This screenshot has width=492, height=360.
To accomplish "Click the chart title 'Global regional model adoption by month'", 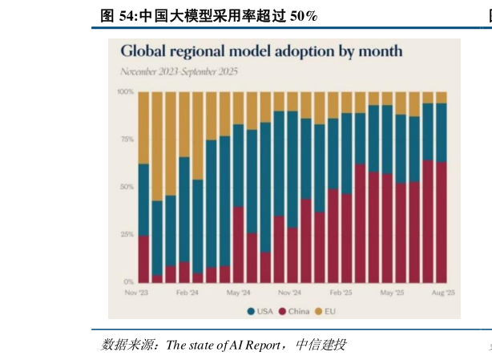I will click(261, 51).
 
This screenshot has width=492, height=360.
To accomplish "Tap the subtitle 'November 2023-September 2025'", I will click(179, 71).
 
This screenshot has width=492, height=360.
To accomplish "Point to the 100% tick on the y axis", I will click(125, 92).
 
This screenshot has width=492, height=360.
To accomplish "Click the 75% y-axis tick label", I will click(127, 140).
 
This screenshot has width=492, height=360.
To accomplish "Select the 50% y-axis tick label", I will click(127, 187).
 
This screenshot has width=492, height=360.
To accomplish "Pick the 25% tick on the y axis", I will click(127, 235).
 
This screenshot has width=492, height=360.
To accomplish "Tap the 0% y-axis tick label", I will click(128, 282).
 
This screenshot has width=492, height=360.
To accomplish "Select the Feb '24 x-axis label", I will click(187, 293).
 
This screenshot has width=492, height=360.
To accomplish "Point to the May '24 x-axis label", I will click(239, 293).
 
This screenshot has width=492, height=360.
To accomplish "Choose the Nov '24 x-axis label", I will click(289, 293).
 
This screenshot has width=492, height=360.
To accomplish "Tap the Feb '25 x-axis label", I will click(341, 293).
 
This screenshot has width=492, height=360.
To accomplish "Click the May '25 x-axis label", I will click(392, 293).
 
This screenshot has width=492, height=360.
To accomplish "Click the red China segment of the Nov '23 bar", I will click(144, 259).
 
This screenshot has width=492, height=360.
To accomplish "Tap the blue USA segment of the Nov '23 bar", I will click(144, 200).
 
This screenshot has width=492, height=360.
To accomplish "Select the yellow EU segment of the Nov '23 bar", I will click(144, 127).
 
